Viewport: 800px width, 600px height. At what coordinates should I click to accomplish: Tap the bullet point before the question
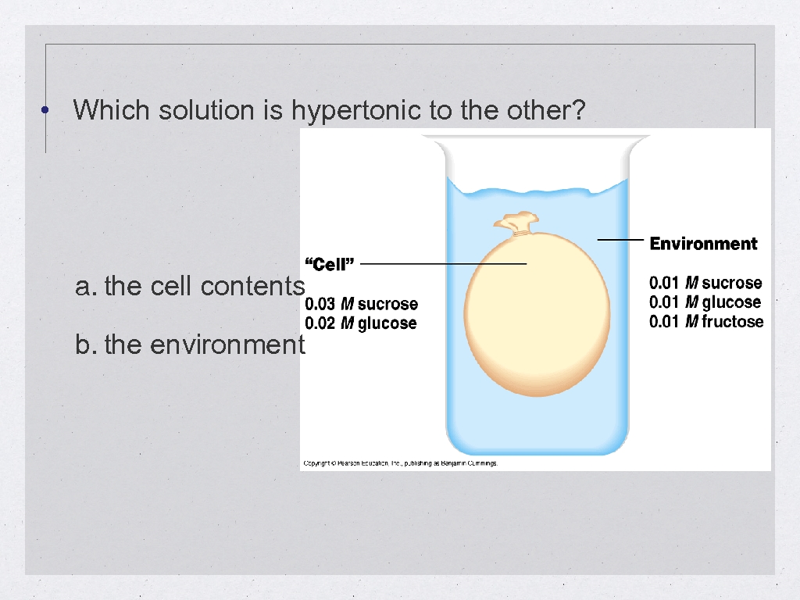47,111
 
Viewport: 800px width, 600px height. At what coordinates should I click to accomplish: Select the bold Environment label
703,244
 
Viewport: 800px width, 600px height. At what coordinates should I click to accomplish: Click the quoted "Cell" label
329,264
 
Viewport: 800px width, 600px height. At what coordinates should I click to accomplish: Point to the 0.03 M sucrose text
361,304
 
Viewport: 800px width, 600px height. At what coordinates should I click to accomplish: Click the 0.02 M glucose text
360,323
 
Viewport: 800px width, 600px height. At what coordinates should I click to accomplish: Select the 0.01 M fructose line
706,322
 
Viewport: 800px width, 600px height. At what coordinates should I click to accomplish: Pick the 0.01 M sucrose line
705,283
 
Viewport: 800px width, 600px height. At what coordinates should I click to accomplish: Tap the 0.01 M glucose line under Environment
705,302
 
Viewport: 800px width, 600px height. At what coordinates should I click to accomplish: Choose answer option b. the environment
190,345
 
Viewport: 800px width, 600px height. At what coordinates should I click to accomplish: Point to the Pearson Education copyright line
400,463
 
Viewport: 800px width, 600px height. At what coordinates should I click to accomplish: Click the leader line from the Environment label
620,239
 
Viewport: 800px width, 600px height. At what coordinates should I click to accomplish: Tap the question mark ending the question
578,111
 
